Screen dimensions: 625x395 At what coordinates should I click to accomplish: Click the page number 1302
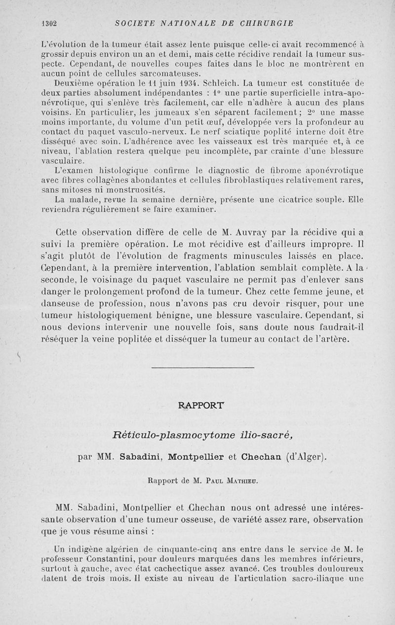[50, 23]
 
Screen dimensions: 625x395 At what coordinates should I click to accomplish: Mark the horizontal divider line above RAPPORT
[202, 367]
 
